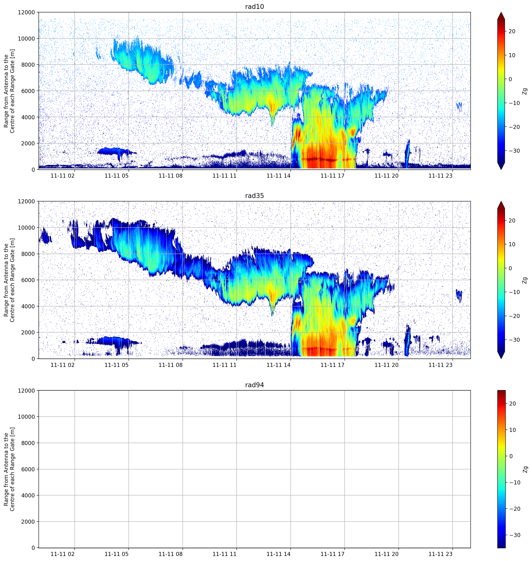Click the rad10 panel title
pos(254,7)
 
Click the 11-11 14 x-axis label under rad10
pos(278,176)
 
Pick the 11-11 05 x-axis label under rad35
pos(117,365)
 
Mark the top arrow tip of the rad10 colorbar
pos(501,12)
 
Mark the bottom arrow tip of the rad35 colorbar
pos(501,358)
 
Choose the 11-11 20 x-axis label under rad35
pos(386,365)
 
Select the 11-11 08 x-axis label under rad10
pos(170,176)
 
